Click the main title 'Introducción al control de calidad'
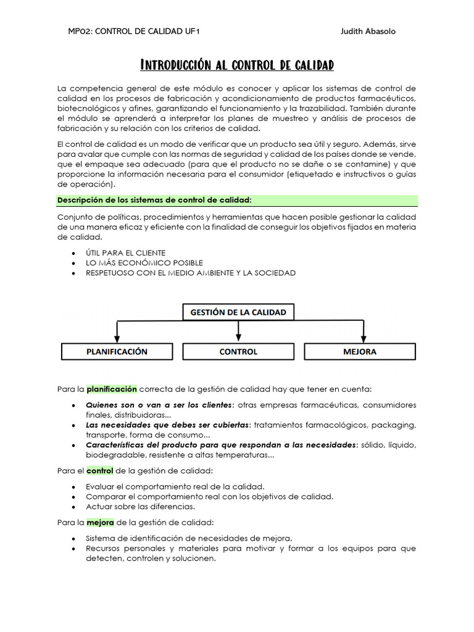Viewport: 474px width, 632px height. click(237, 65)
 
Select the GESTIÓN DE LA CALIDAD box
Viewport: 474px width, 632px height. click(238, 312)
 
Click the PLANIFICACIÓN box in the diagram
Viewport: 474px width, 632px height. click(117, 352)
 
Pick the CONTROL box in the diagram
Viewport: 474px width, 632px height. click(238, 352)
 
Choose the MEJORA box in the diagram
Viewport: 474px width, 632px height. click(360, 352)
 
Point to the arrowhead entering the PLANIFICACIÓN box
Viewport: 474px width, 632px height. click(117, 339)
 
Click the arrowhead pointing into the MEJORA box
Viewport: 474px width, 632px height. click(364, 339)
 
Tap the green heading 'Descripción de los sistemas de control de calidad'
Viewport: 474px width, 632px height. click(154, 200)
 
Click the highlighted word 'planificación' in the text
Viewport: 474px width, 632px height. click(111, 389)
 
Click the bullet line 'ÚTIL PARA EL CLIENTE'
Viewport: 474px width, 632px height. click(125, 253)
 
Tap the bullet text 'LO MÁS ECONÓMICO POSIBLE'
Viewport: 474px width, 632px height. click(144, 263)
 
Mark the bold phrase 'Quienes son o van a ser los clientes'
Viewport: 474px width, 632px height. click(159, 405)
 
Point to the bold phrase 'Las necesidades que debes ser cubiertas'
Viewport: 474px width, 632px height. click(168, 425)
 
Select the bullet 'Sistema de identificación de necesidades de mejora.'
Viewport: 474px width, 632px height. click(189, 538)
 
